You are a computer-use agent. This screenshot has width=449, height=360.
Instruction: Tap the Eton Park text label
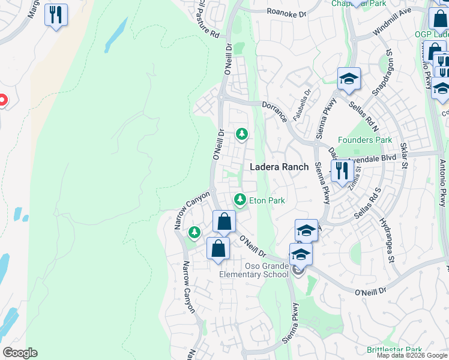267,200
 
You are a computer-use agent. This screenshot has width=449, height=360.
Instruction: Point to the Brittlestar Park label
394,350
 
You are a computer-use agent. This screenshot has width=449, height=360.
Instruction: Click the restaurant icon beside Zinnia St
342,170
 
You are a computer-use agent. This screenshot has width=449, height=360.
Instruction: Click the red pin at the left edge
2,100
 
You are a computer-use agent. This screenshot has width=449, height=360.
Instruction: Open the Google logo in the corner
20,353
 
